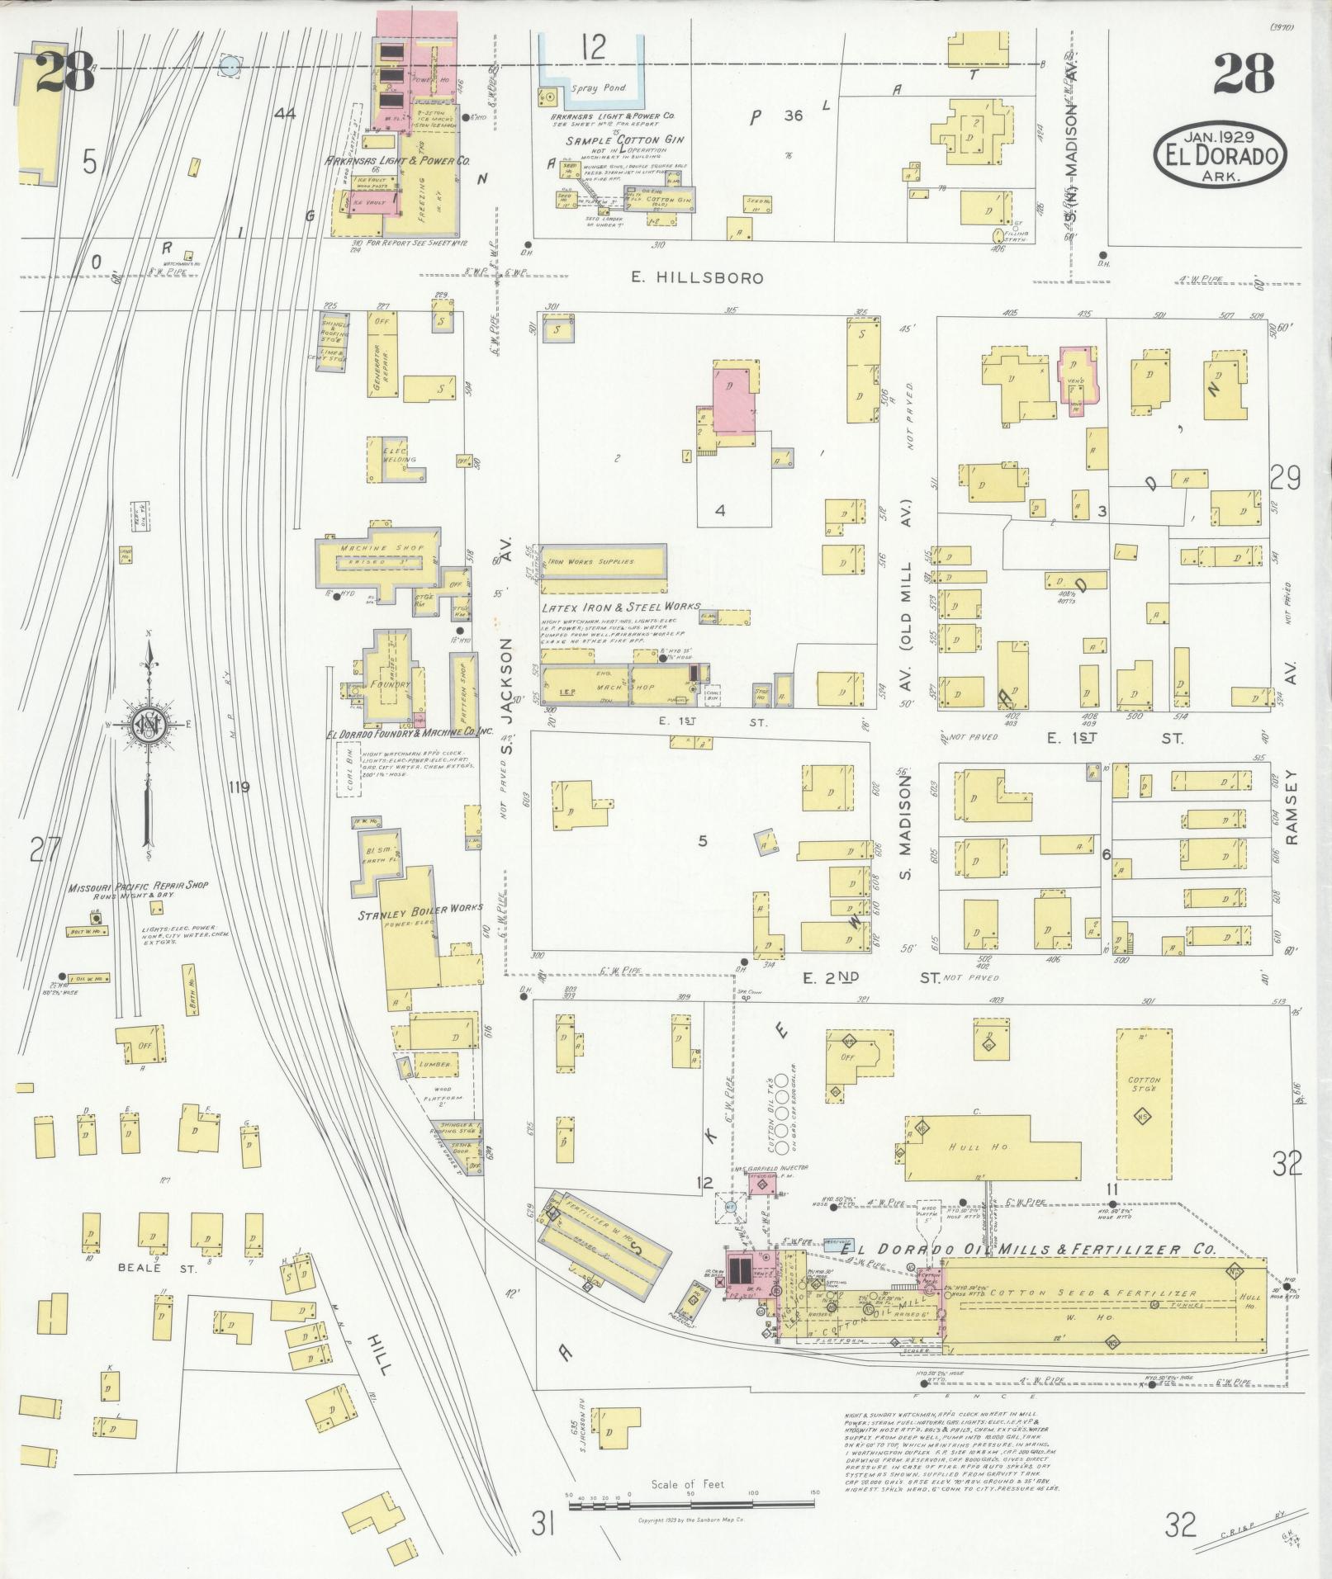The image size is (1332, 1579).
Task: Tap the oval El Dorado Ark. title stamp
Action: [1221, 154]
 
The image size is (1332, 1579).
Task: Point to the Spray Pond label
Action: [599, 87]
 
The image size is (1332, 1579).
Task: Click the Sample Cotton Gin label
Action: [617, 141]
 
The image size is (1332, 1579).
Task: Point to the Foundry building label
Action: [390, 684]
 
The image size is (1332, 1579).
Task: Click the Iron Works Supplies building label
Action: [590, 561]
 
